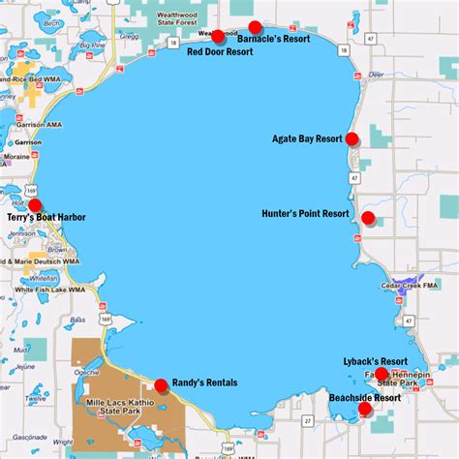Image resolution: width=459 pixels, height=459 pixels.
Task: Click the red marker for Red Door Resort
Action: (218, 37)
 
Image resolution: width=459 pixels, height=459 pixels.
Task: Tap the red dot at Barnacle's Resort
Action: (256, 27)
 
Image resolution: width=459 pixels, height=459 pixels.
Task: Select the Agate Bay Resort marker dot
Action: (352, 138)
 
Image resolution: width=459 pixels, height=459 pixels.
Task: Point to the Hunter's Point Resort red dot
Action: (368, 217)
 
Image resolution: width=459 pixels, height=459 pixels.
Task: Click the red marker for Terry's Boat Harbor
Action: (36, 205)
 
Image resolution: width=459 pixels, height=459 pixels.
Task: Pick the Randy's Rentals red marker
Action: (161, 384)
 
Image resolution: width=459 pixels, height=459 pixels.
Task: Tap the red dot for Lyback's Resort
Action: (382, 374)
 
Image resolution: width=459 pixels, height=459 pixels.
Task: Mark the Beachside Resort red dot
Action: (365, 409)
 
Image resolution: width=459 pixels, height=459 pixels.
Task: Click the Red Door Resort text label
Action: (220, 52)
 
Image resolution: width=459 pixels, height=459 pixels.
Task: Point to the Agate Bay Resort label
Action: (308, 138)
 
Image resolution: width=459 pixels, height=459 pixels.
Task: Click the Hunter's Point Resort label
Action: (305, 213)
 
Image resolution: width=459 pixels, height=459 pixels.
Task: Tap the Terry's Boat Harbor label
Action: (46, 219)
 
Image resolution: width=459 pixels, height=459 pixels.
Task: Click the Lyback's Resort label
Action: (375, 361)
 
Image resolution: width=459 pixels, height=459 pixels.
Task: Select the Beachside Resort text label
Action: (364, 397)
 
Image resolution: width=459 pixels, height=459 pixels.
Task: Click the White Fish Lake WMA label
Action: (43, 290)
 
